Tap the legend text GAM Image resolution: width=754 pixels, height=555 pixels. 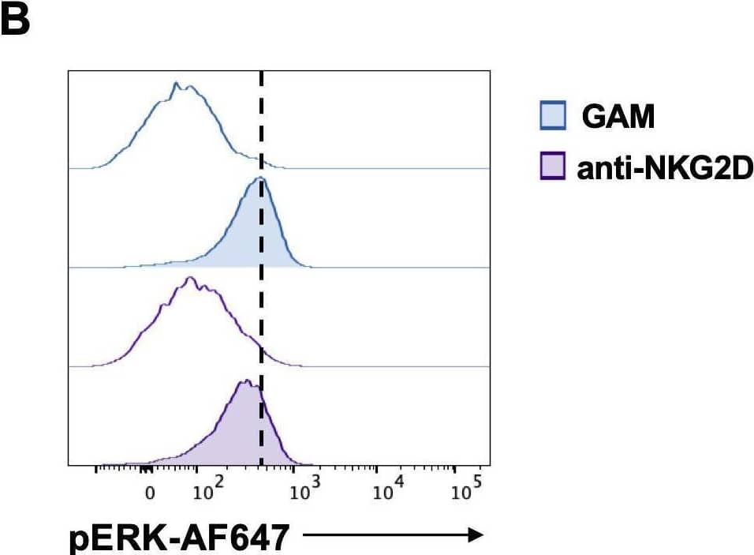(x=618, y=118)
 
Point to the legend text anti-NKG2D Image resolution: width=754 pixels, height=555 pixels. (x=665, y=167)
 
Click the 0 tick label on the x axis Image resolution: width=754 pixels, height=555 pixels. (x=150, y=496)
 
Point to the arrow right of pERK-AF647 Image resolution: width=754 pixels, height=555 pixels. (x=392, y=536)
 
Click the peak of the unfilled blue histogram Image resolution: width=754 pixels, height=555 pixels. (x=176, y=83)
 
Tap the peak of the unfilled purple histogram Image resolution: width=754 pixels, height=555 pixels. (x=188, y=278)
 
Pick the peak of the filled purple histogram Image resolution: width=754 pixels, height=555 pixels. (x=246, y=381)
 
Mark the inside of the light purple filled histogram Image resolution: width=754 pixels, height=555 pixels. (x=244, y=434)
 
